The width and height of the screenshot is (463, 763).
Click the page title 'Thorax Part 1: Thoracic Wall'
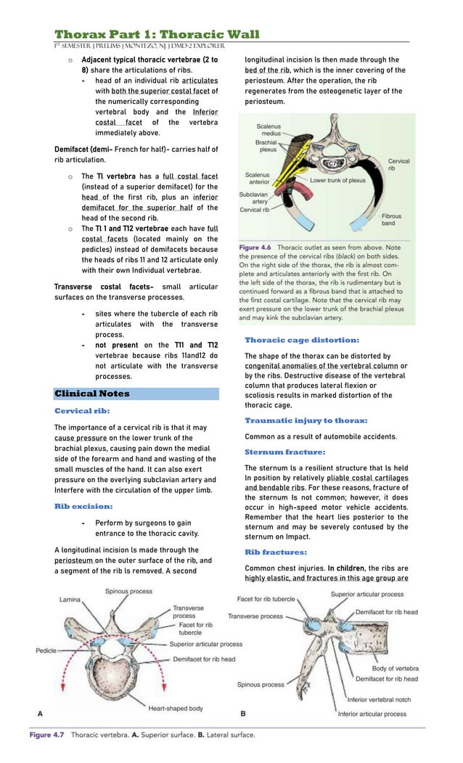pyautogui.click(x=157, y=35)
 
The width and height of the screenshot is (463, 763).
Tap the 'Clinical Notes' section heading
pyautogui.click(x=92, y=393)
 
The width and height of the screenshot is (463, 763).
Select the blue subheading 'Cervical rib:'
pyautogui.click(x=83, y=410)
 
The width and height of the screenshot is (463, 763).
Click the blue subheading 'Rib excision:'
pyautogui.click(x=83, y=506)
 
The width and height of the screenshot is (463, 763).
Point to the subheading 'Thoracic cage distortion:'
pyautogui.click(x=302, y=340)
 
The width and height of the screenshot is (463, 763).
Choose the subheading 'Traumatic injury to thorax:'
pyautogui.click(x=306, y=420)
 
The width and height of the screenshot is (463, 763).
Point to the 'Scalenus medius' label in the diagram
pyautogui.click(x=270, y=130)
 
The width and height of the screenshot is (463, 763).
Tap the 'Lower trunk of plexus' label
pyautogui.click(x=337, y=179)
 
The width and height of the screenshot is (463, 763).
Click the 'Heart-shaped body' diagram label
pyautogui.click(x=176, y=708)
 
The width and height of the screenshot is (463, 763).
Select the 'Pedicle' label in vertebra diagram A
pyautogui.click(x=46, y=650)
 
